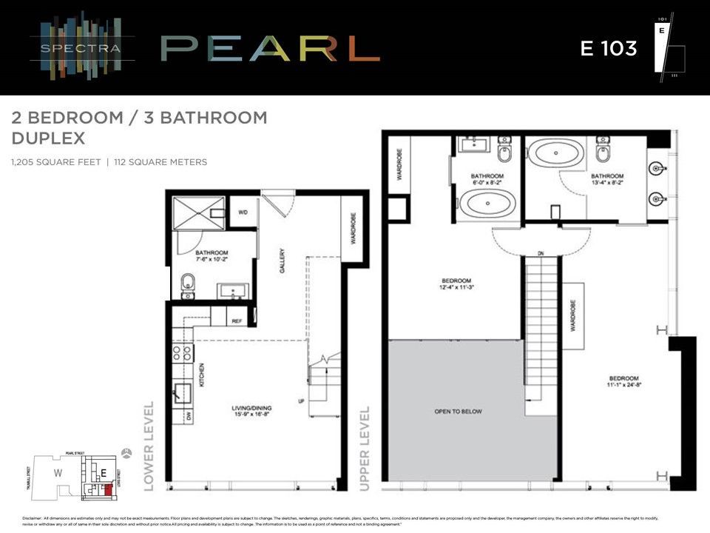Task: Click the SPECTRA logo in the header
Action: (83, 49)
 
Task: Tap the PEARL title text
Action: (270, 49)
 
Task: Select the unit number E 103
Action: (608, 49)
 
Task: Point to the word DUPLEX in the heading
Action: (49, 138)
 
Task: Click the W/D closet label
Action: (243, 212)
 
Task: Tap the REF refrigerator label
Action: (237, 321)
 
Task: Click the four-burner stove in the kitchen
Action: (183, 353)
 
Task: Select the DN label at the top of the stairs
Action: (541, 254)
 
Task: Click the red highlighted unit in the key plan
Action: (108, 489)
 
